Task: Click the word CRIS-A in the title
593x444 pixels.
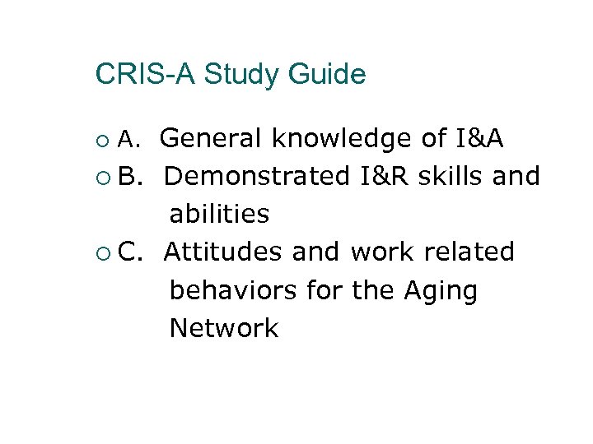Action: pyautogui.click(x=145, y=75)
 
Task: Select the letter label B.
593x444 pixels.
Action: pyautogui.click(x=130, y=176)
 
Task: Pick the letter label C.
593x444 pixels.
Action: pyautogui.click(x=130, y=252)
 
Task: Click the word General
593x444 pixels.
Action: pyautogui.click(x=212, y=139)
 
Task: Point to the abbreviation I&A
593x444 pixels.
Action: pyautogui.click(x=479, y=139)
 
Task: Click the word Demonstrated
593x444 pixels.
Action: pyautogui.click(x=257, y=176)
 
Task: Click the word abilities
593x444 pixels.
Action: pyautogui.click(x=219, y=214)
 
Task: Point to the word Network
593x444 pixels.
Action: pyautogui.click(x=224, y=328)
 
